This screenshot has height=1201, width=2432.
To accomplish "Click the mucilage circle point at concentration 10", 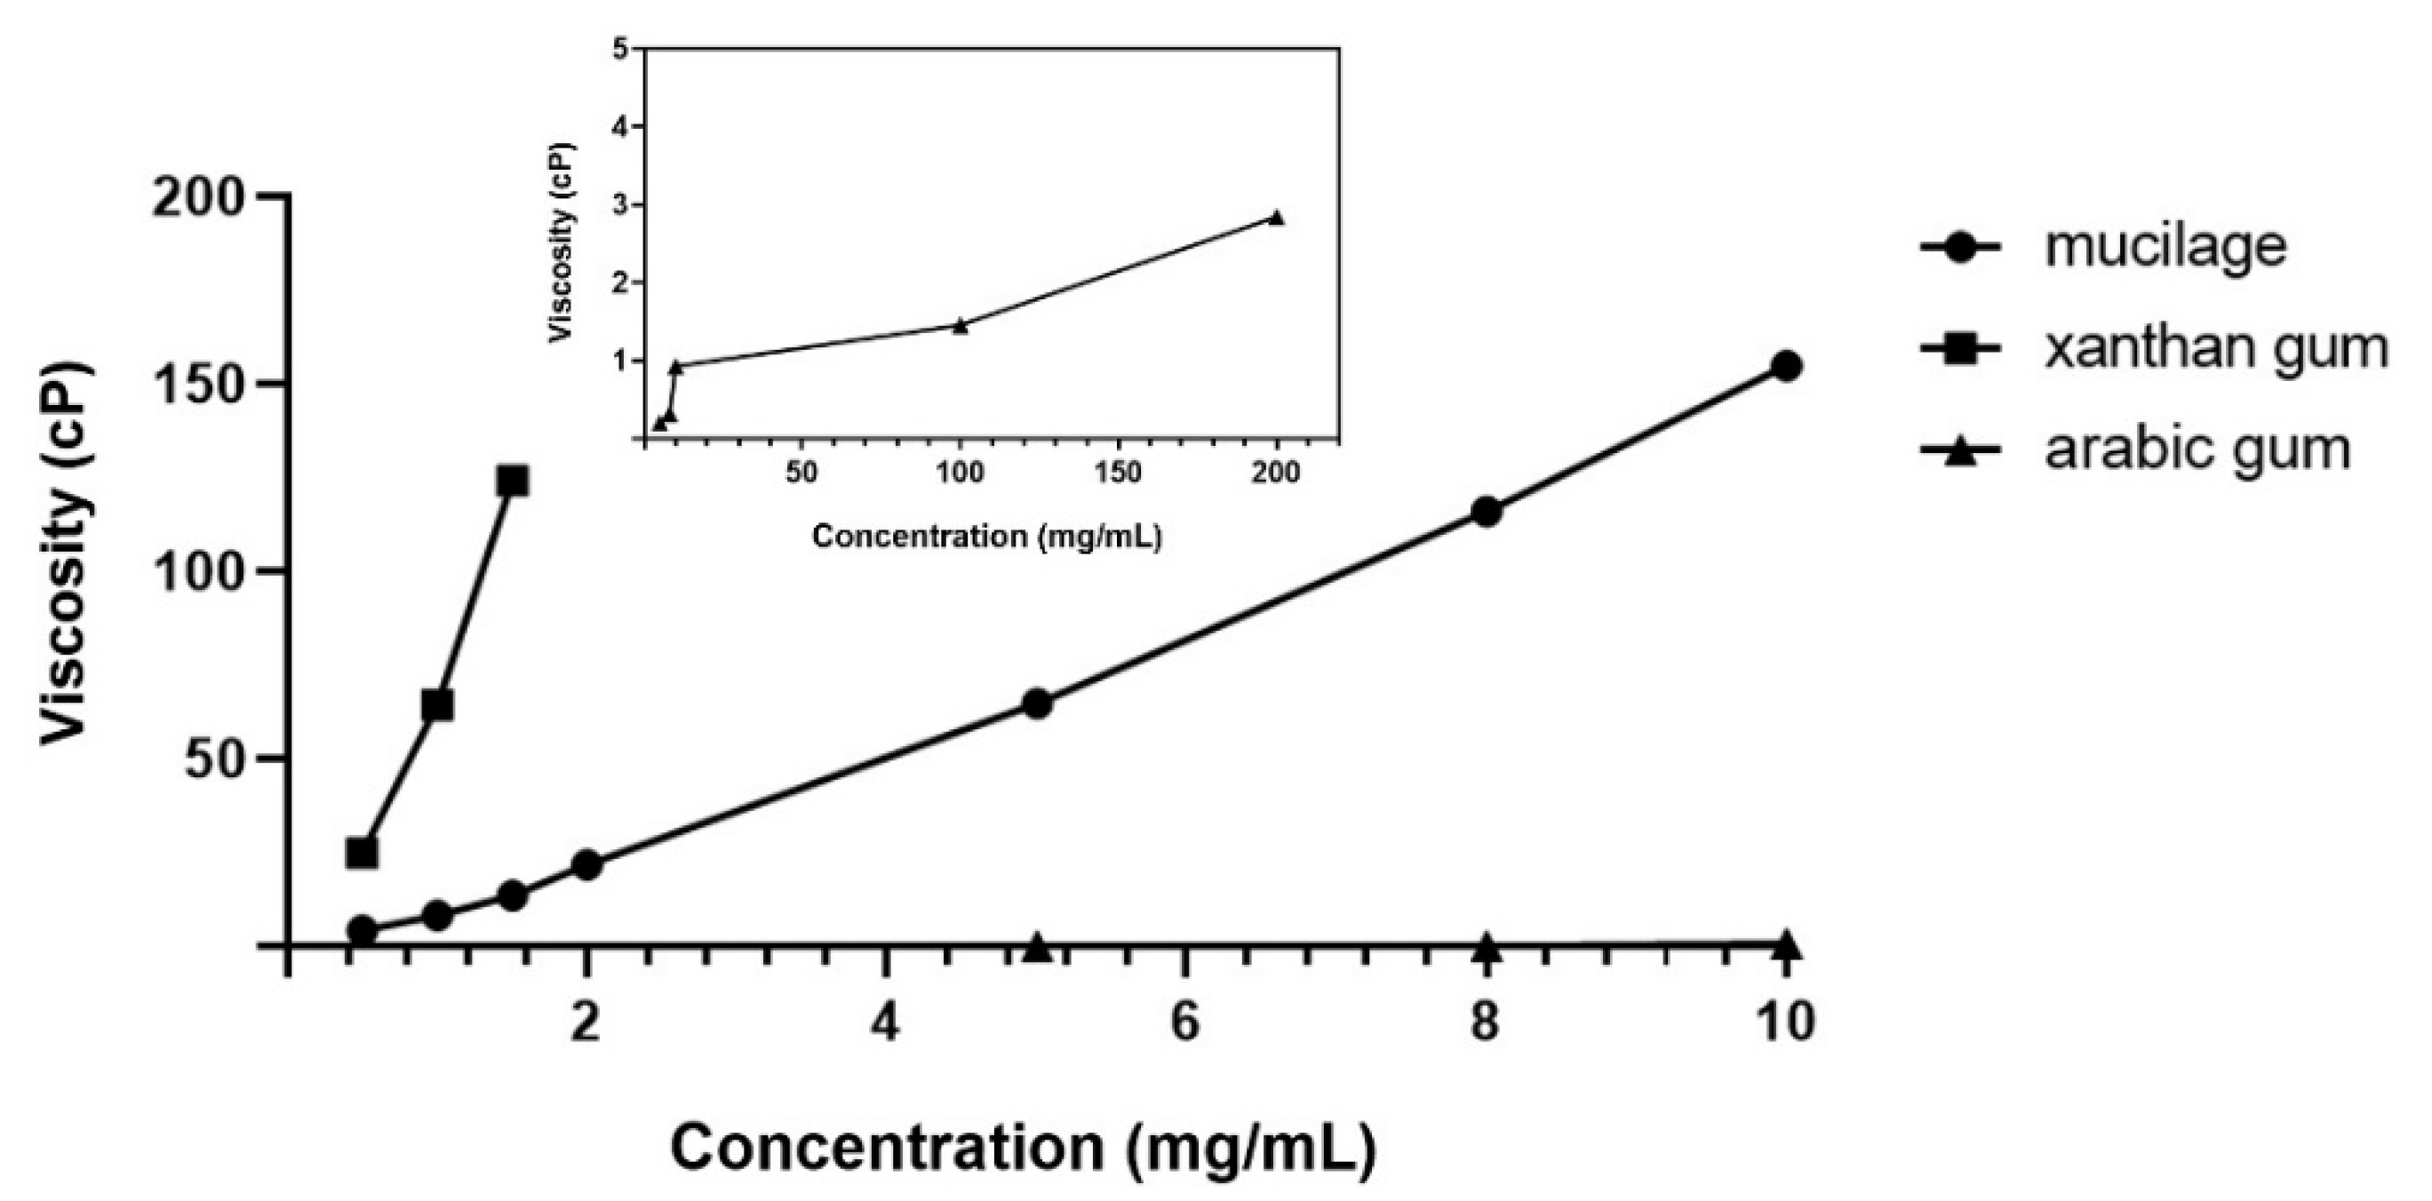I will pos(1785,366).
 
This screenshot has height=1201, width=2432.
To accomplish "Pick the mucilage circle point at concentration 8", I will pos(1486,512).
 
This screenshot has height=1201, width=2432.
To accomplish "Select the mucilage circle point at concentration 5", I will pos(1037,704).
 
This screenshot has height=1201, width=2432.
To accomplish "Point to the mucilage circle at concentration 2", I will pos(587,865).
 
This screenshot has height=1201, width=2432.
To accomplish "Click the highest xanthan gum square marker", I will pos(512,481).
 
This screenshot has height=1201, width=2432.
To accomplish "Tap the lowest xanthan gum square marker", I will pos(362,853).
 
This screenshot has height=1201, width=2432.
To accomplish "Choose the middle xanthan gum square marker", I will pos(437,705).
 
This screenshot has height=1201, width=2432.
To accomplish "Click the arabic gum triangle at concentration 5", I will pos(1037,946).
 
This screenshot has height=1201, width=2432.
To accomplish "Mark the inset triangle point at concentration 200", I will pos(1276,217).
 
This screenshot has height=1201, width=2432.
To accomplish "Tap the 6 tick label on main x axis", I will pos(1184,1022).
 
